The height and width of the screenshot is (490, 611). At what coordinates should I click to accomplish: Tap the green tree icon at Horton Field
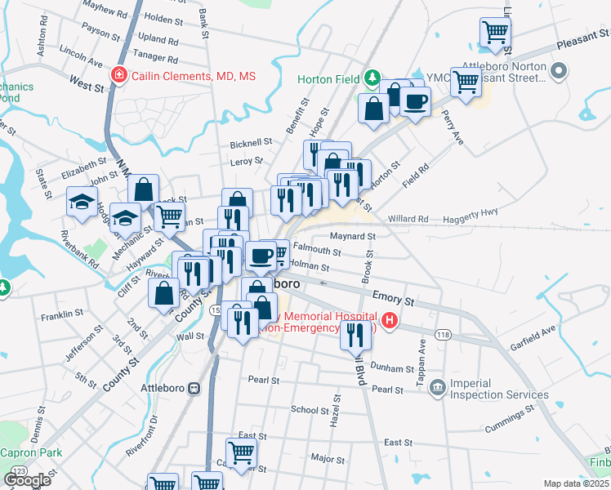(x=372, y=78)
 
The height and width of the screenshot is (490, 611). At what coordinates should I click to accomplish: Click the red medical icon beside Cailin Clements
(x=119, y=75)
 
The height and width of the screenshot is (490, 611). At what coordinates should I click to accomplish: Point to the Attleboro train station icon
(x=194, y=388)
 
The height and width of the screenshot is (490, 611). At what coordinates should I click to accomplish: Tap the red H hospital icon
(x=390, y=321)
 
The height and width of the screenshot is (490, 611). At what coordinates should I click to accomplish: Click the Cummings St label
(x=515, y=417)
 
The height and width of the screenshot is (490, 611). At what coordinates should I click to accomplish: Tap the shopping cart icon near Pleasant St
(x=495, y=33)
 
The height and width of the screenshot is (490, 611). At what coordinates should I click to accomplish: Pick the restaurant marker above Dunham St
(x=355, y=335)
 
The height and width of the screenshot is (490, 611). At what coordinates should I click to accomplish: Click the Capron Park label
(x=31, y=452)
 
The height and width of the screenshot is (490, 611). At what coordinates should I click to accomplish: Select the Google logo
(x=27, y=479)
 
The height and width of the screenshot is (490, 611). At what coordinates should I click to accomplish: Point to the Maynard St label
(x=353, y=236)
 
